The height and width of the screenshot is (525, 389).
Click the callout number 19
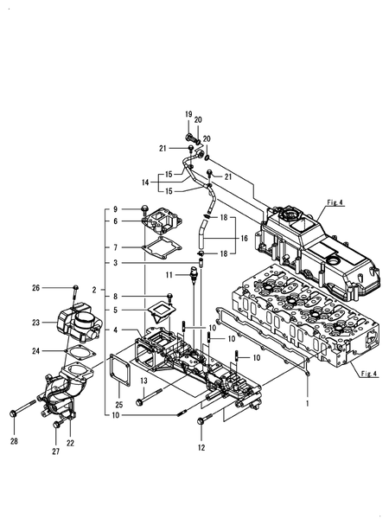tap(188, 114)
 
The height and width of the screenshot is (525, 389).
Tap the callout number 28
tap(14, 441)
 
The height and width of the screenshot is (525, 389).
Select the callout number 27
tap(55, 451)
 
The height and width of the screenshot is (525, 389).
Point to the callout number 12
tap(201, 447)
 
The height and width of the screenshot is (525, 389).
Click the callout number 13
tap(143, 381)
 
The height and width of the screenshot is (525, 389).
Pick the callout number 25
tap(118, 405)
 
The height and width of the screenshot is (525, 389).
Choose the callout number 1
tap(308, 404)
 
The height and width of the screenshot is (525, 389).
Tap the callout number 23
tap(35, 323)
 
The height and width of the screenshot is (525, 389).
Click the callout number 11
tap(169, 275)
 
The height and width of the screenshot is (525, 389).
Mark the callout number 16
tap(244, 238)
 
